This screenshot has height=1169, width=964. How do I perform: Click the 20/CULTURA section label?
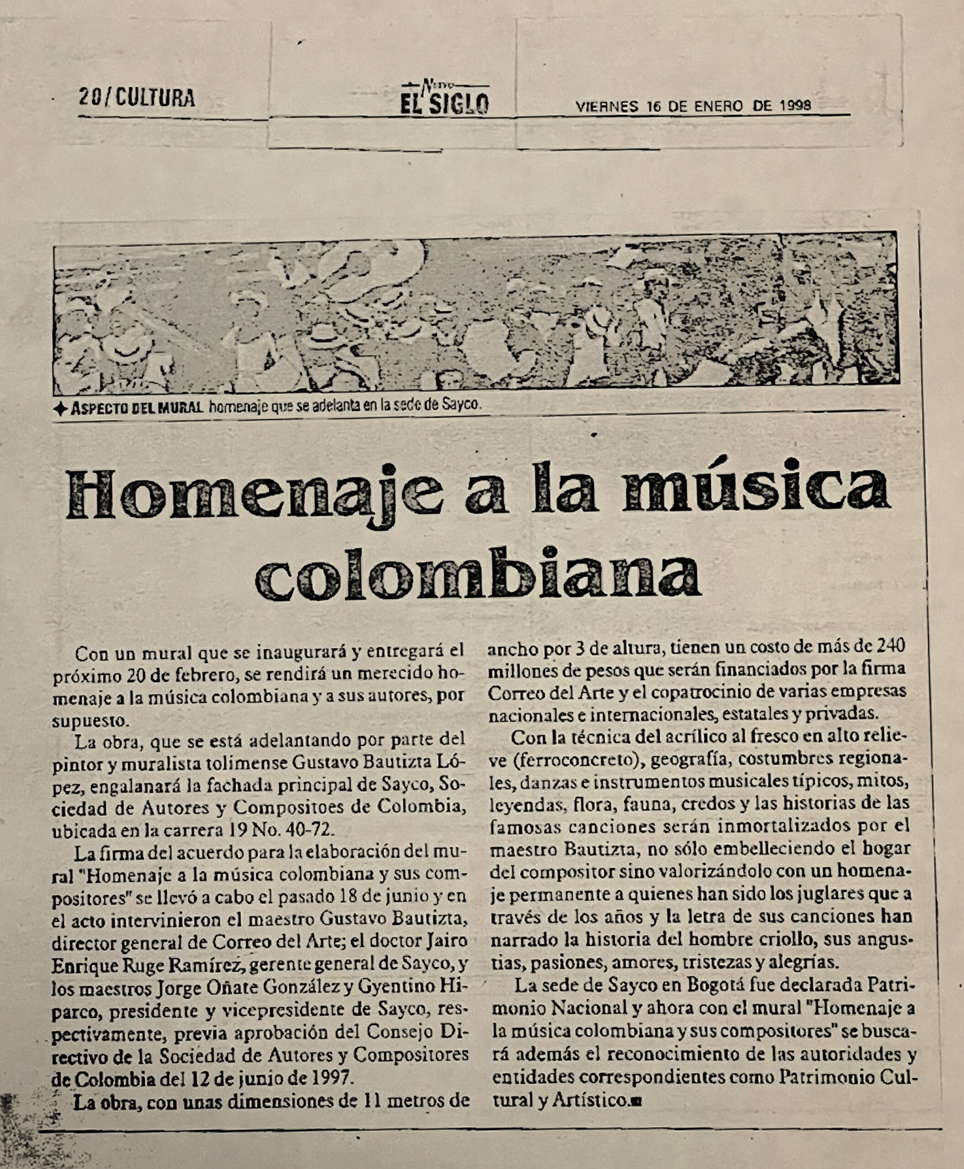pyautogui.click(x=137, y=98)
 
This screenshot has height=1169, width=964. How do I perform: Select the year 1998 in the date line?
pyautogui.click(x=795, y=105)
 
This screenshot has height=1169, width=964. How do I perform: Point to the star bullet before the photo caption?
pyautogui.click(x=60, y=410)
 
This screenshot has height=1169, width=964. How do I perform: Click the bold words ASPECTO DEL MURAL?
pyautogui.click(x=137, y=409)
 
